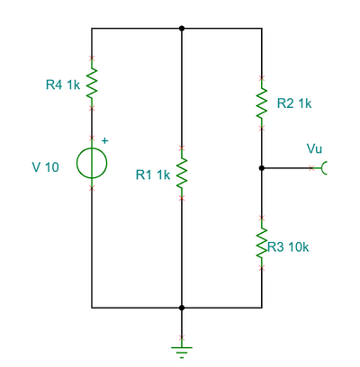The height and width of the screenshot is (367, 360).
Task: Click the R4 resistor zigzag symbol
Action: pos(92,83)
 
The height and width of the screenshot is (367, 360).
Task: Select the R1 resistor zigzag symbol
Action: pos(182,173)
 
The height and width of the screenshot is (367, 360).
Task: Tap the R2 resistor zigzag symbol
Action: pos(262,103)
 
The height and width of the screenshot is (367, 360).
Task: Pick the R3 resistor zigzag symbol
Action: pos(262,242)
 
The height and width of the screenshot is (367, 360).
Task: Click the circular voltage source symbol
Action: pos(92,163)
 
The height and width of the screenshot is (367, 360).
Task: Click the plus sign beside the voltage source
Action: pos(104,140)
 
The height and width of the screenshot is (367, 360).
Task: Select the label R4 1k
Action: pos(63,85)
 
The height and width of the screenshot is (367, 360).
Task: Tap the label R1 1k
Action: pos(153,175)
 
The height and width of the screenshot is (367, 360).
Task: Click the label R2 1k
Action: pos(294,103)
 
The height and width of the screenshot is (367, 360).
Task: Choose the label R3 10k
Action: pos(288,247)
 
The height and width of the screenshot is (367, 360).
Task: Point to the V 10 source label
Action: pos(46,167)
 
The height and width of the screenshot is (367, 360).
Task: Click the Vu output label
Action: pos(314,148)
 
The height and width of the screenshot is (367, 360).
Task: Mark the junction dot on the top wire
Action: pos(182,29)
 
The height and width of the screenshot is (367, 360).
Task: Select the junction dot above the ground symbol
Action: pos(182,308)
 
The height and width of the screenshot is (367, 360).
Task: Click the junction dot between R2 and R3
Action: pos(262,168)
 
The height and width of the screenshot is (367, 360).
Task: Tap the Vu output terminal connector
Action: pos(324,168)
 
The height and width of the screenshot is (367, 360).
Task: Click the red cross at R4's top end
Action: pos(92,58)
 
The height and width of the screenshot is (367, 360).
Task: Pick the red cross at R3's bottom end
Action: pos(262,268)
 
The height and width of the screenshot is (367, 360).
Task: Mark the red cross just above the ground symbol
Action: pos(182,337)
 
